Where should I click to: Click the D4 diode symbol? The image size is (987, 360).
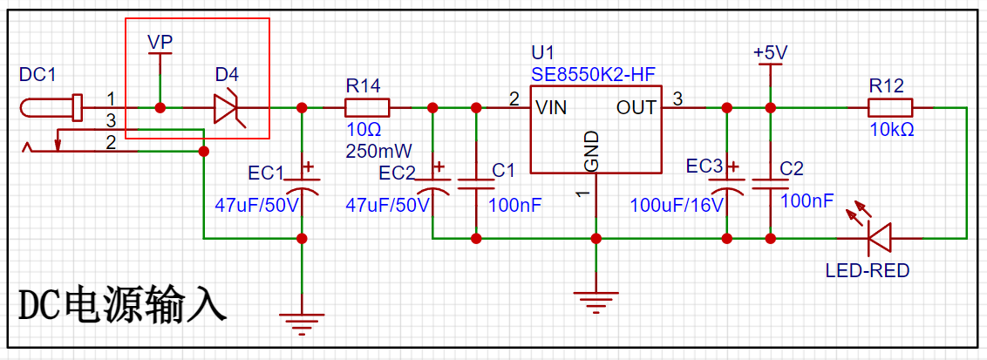[x=226, y=108]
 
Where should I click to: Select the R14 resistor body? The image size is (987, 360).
[x=367, y=108]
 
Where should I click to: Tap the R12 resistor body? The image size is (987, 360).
[x=890, y=108]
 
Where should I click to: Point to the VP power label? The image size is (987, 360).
[x=160, y=42]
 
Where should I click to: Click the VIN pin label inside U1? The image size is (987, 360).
[x=551, y=108]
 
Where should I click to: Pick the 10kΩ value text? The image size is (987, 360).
[x=891, y=130]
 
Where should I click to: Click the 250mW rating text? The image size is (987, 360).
[x=378, y=151]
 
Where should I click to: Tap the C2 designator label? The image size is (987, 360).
[x=792, y=169]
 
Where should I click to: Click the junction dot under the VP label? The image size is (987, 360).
[x=160, y=108]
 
